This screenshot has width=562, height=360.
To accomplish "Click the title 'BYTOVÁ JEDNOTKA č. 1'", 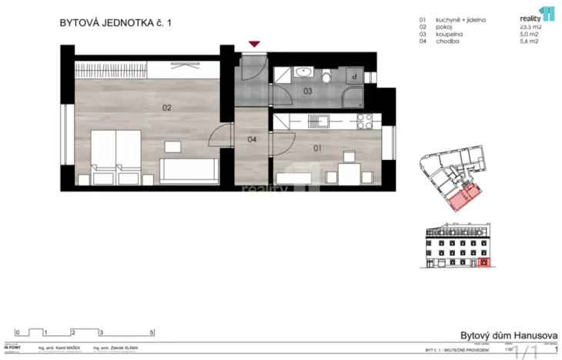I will pos(115,23).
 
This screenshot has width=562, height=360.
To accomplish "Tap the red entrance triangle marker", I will pos(253,45).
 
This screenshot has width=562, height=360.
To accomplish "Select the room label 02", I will pos(166,108).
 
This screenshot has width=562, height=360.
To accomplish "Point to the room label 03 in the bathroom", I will pos(306,92).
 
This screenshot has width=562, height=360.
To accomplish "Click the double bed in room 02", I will pos(115,158).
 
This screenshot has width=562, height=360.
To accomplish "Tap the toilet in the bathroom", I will pos(326,75).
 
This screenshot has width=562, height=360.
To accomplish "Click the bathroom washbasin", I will pos(303,73).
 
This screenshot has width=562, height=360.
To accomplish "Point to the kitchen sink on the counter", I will pos(317,121).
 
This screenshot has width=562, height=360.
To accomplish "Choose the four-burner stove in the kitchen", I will pos(364,121).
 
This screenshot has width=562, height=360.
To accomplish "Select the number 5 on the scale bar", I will pos(152,333).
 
